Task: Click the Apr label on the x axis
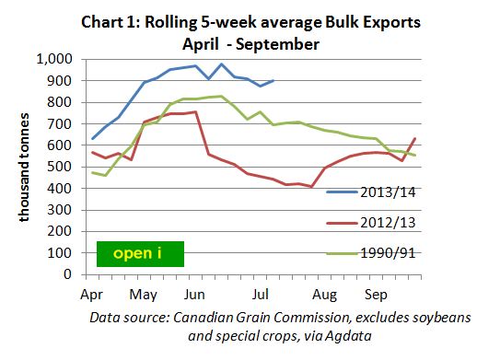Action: point(92,296)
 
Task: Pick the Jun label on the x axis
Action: point(195,296)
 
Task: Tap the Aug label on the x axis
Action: point(324,296)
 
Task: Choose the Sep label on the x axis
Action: point(376,296)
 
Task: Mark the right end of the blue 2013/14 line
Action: point(273,81)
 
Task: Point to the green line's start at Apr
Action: point(92,172)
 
